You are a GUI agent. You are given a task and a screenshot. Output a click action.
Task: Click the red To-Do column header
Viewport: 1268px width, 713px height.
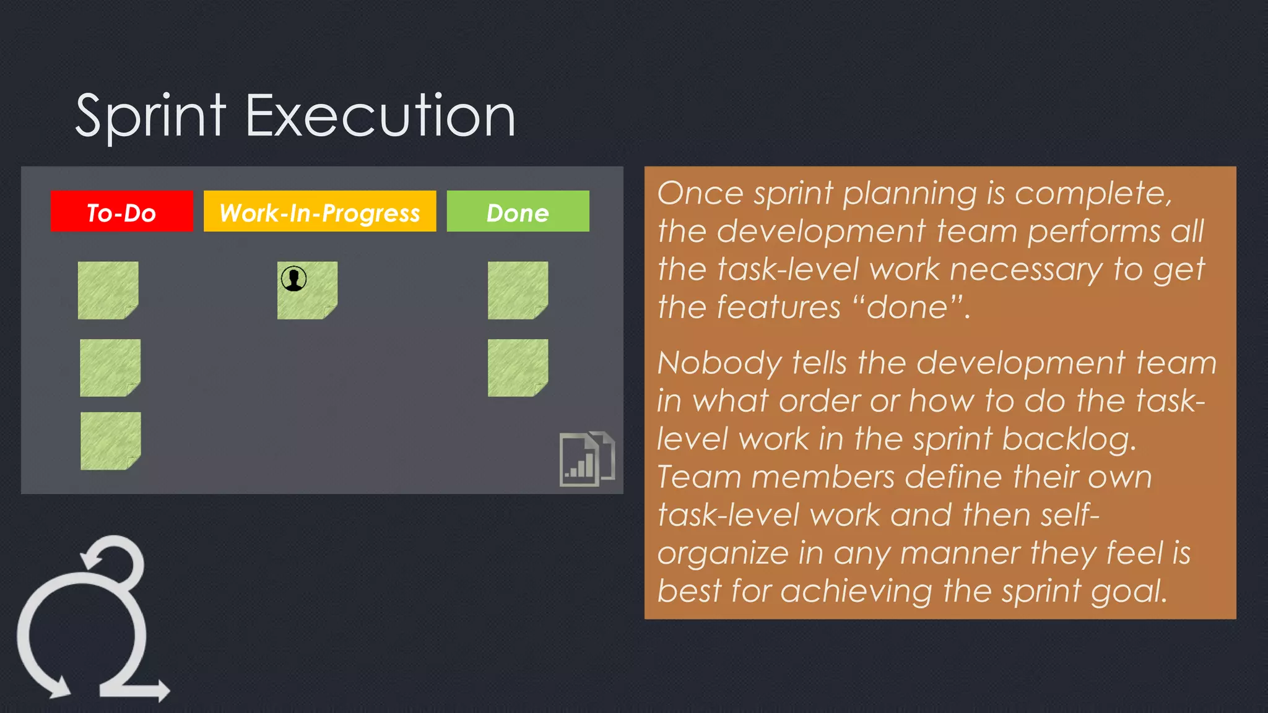coord(121,212)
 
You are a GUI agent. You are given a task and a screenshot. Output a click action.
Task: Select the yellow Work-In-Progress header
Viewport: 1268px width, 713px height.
coord(319,212)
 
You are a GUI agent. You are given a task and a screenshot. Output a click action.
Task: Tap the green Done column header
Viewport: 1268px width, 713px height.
coord(518,212)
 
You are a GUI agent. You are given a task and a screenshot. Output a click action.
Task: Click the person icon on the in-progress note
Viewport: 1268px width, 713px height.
coord(293,279)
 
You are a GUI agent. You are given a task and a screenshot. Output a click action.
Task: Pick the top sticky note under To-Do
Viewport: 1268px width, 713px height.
coord(108,290)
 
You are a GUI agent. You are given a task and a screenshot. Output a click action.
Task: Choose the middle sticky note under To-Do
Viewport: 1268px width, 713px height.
coord(110,368)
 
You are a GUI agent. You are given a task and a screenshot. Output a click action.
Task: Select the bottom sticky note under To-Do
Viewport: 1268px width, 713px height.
coord(110,441)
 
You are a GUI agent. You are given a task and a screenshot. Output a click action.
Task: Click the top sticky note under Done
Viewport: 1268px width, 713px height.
coord(518,290)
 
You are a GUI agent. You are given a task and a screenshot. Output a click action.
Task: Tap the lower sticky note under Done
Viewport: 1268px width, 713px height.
coord(518,368)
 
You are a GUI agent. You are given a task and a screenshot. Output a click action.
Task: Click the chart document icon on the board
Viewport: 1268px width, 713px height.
coord(586,459)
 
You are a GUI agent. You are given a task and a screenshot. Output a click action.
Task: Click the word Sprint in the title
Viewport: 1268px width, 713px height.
coord(150,116)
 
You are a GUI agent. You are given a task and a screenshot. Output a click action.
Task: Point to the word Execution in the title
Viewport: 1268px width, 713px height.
coord(380,116)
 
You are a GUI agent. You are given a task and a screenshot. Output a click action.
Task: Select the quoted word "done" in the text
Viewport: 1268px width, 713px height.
coord(908,308)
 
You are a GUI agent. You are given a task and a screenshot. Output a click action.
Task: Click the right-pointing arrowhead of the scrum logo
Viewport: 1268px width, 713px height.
coord(162,689)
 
